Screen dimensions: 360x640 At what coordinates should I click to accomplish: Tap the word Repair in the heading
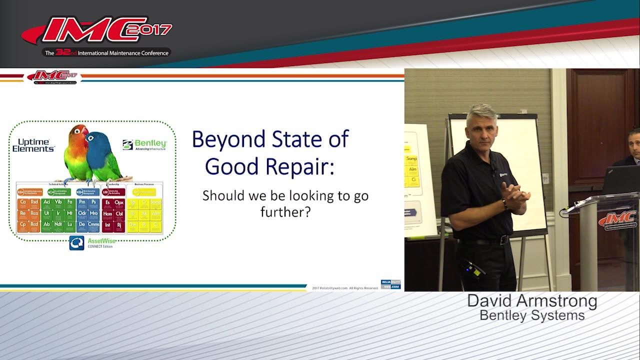click(301, 166)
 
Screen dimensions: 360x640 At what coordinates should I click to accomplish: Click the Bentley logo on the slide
click(144, 144)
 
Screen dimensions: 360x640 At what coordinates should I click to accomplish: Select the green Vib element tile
click(58, 202)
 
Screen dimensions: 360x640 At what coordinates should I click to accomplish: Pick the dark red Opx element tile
click(119, 202)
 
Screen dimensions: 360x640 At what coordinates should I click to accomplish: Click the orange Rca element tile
click(34, 213)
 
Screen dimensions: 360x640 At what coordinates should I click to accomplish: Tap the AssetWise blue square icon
click(76, 242)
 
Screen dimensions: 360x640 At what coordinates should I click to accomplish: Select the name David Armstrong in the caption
click(532, 301)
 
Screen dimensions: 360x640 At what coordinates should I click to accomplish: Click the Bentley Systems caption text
click(532, 315)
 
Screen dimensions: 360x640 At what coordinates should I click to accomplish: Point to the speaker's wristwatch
click(505, 204)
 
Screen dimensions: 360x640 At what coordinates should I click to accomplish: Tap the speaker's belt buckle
click(503, 240)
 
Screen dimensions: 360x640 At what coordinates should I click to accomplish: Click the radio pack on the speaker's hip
click(472, 270)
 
